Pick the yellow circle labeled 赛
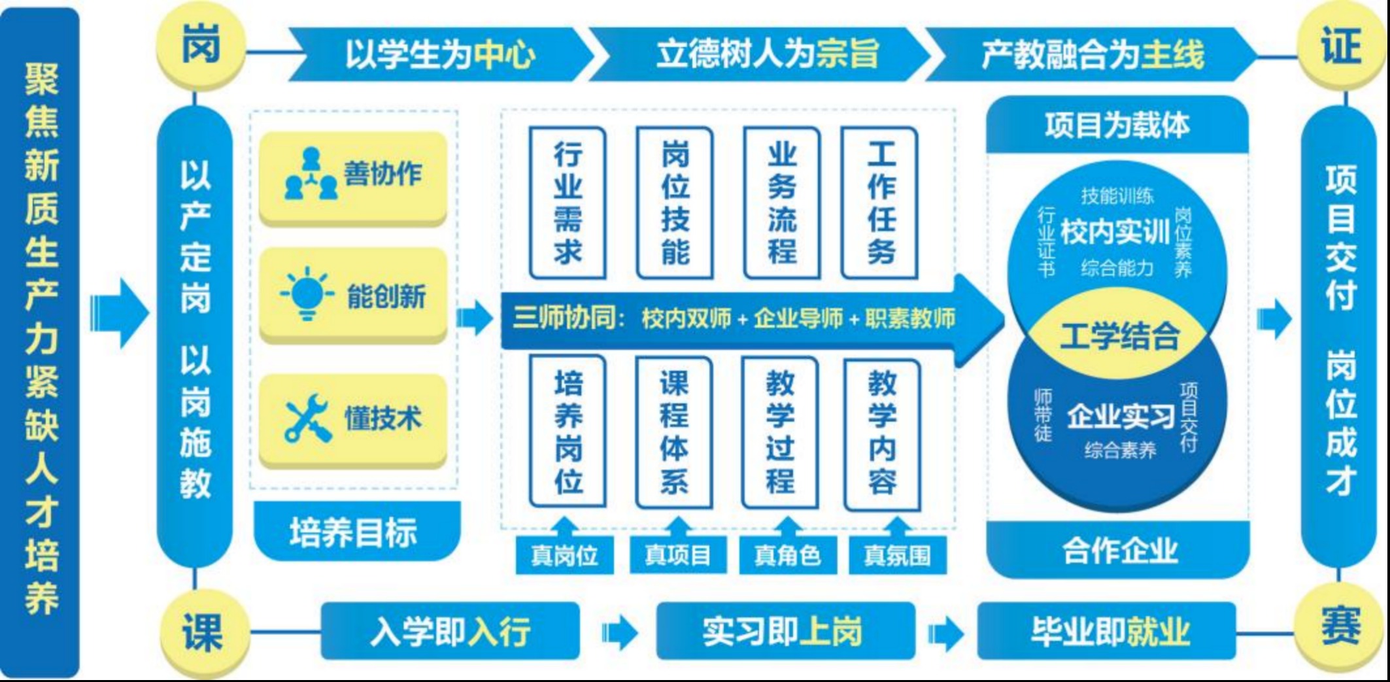1340,629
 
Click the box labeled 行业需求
568,203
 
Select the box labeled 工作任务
880,203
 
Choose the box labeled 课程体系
674,432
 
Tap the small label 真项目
678,554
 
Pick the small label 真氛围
897,555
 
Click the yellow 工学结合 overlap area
1119,335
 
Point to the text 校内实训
1115,231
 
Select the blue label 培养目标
356,531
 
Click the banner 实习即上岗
785,631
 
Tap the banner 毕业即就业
1106,631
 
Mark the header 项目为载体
1117,125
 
